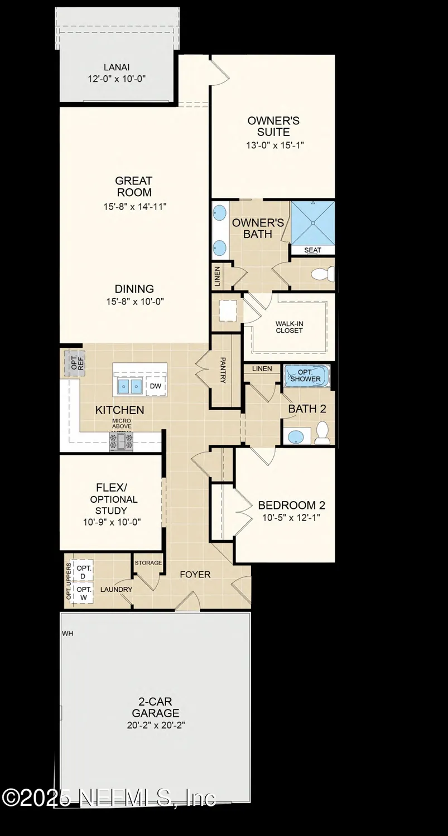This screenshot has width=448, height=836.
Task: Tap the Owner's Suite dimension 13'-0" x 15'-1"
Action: pos(273,145)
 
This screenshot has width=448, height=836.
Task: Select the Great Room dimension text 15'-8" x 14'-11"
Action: pos(134,207)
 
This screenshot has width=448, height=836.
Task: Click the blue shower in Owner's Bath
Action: pos(312,222)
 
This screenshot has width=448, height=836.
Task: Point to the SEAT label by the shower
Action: pos(312,250)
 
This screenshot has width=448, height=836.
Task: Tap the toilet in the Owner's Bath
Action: pos(322,274)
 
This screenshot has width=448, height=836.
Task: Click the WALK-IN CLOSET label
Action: pos(289,327)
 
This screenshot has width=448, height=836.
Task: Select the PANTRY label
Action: pos(223,370)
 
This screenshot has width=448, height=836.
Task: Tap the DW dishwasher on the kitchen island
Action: pos(155,385)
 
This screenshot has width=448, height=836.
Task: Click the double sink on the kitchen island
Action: pos(129,386)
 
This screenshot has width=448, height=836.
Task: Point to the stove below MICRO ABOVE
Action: pos(121,442)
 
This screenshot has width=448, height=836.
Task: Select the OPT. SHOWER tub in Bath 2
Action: pos(307,376)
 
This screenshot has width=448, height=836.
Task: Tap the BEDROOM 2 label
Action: pos(291,506)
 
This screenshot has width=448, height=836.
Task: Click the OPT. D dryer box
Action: pos(83,572)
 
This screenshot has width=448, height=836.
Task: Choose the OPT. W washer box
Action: pos(83,592)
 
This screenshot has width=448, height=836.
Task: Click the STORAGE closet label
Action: pos(148,563)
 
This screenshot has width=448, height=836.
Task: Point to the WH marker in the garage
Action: pos(67,634)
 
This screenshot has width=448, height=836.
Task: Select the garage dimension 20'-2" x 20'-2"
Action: pos(156,725)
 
